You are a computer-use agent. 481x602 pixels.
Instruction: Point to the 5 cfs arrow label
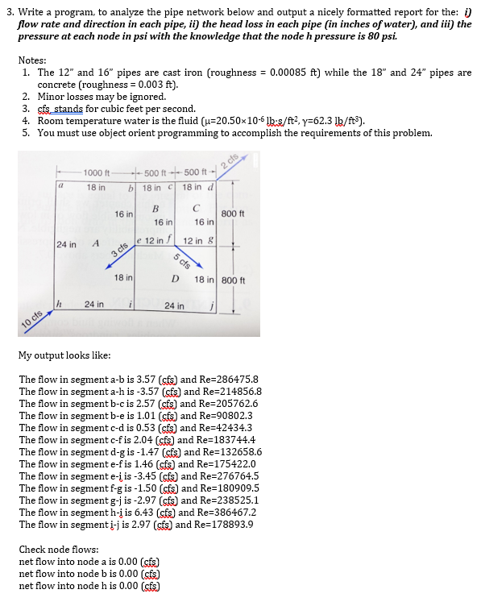tap(184, 259)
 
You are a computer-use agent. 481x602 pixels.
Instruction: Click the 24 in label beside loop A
tap(66, 243)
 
